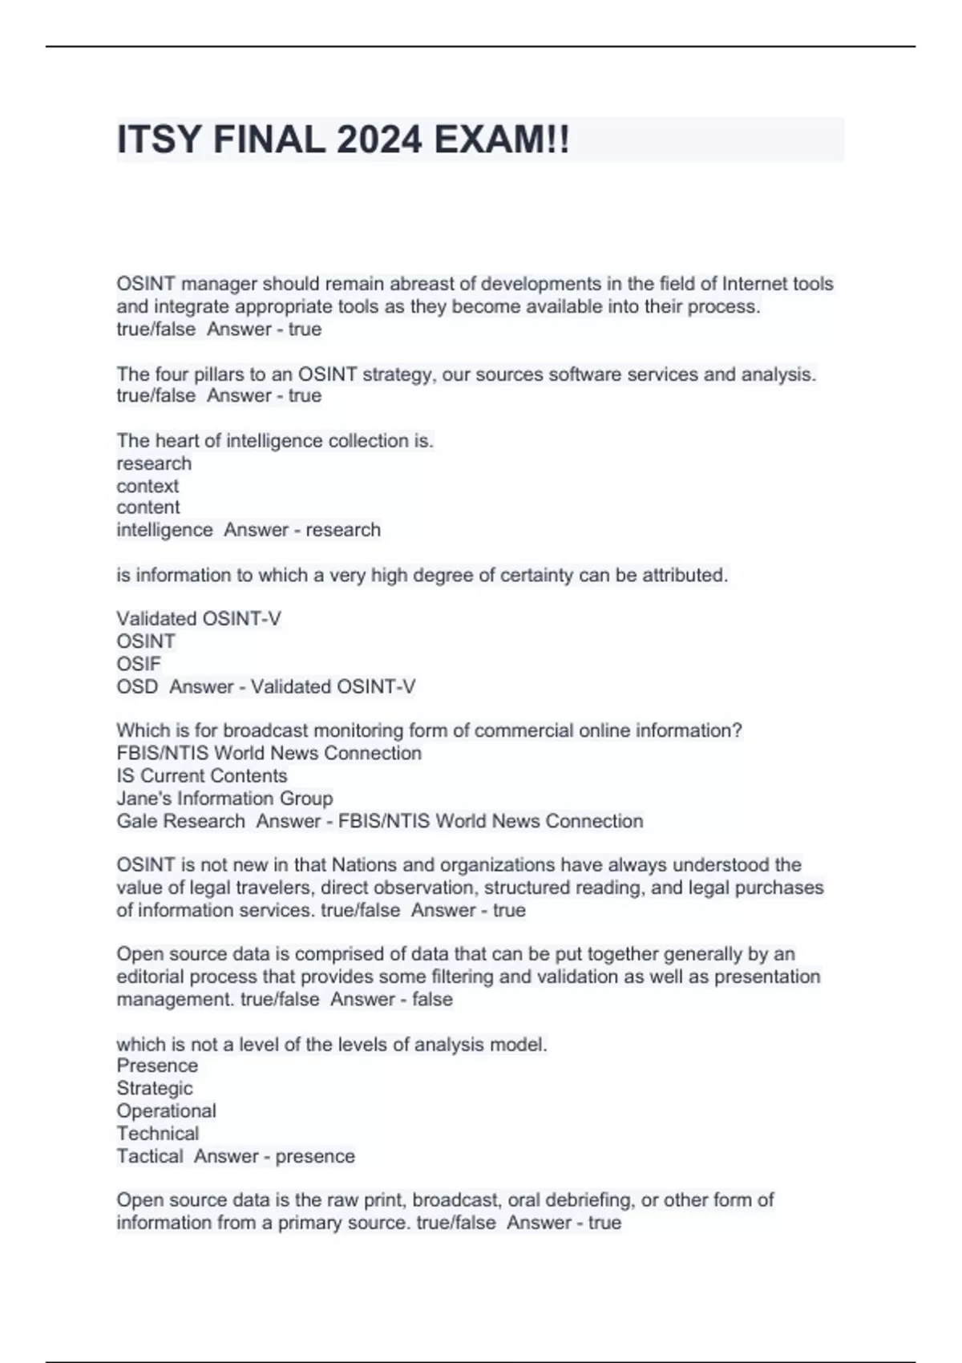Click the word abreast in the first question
click(x=419, y=284)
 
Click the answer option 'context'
click(x=148, y=486)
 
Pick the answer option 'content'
click(x=148, y=508)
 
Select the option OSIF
click(x=139, y=664)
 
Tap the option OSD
click(x=137, y=687)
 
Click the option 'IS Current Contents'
click(x=202, y=776)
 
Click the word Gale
click(x=135, y=821)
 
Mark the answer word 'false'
click(x=432, y=999)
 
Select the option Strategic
click(x=155, y=1088)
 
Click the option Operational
click(x=166, y=1111)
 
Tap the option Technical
click(x=158, y=1134)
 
